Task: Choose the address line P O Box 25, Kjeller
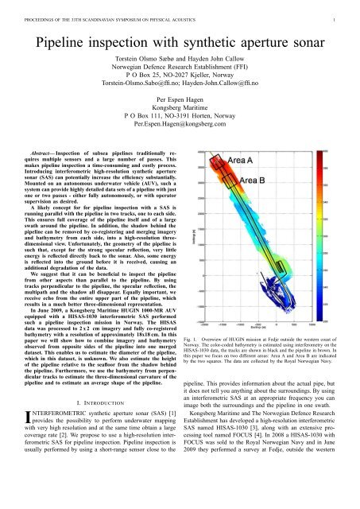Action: (x=180, y=80)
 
